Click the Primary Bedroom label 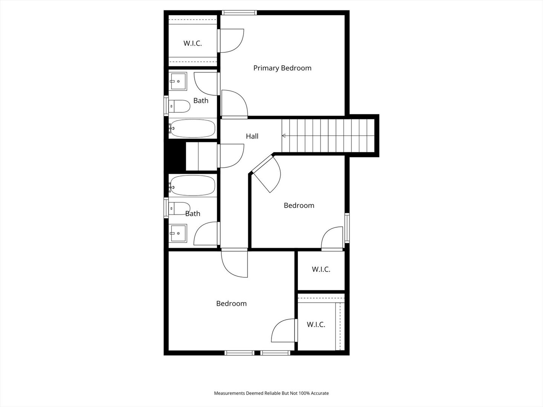(x=282, y=68)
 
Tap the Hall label (x=252, y=136)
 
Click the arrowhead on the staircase (x=284, y=136)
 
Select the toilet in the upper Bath (x=179, y=106)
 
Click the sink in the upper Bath (x=178, y=81)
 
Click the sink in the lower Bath (x=178, y=233)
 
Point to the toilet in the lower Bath (x=179, y=208)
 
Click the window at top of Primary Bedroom (x=239, y=12)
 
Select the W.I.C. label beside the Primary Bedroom (x=193, y=43)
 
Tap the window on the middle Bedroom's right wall (x=347, y=228)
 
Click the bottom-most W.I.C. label (x=316, y=324)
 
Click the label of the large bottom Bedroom (x=231, y=303)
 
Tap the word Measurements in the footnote (x=230, y=393)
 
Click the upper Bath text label (x=201, y=101)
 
